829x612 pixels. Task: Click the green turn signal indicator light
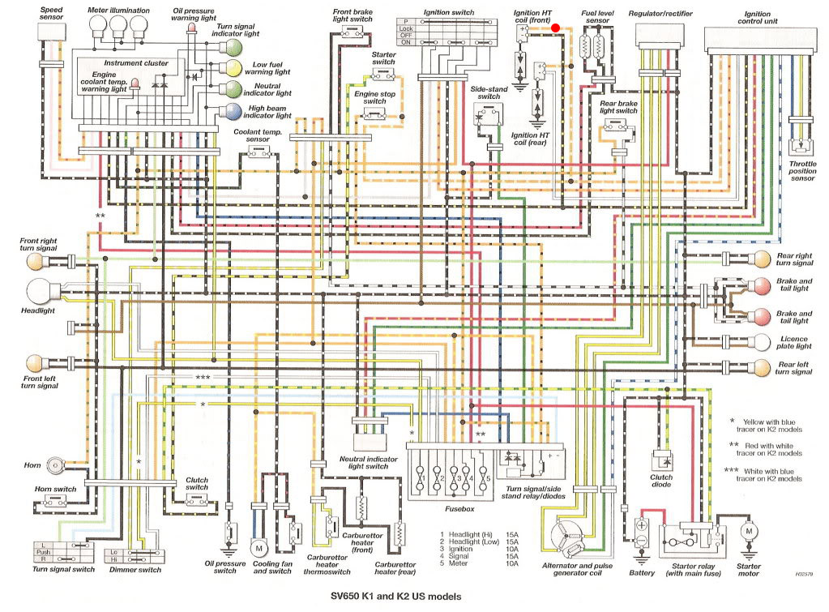[233, 48]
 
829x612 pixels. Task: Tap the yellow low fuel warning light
[233, 69]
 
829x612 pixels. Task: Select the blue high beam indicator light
[233, 112]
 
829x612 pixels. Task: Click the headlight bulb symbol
[39, 292]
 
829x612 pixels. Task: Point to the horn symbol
[54, 465]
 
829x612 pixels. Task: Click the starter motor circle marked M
[749, 531]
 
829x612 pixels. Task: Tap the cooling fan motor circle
[259, 549]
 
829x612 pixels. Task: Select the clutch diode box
[661, 460]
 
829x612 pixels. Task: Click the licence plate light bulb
[762, 342]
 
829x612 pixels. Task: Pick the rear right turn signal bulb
[762, 259]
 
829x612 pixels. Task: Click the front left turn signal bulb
[35, 363]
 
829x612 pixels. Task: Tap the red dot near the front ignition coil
[555, 28]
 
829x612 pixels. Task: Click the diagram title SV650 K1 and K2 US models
[396, 596]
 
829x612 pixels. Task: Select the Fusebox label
[459, 509]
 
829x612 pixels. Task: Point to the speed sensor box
[52, 32]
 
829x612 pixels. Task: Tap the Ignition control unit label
[758, 18]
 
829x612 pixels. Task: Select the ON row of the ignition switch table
[447, 42]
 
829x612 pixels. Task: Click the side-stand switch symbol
[488, 115]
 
